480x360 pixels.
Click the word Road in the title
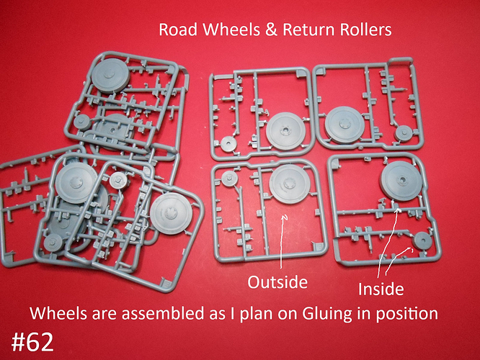[178, 30]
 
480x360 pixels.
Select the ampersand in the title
[270, 30]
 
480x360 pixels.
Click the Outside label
[277, 282]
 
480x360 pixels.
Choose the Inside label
[381, 289]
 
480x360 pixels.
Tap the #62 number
[32, 342]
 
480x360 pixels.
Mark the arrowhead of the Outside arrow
[285, 217]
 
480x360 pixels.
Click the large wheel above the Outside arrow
[290, 184]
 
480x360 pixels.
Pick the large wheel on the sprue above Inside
[401, 181]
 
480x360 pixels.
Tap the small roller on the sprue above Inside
[422, 240]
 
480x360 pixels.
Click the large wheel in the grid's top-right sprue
[345, 125]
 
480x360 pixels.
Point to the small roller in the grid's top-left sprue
[228, 144]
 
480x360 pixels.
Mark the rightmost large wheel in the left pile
[171, 214]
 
